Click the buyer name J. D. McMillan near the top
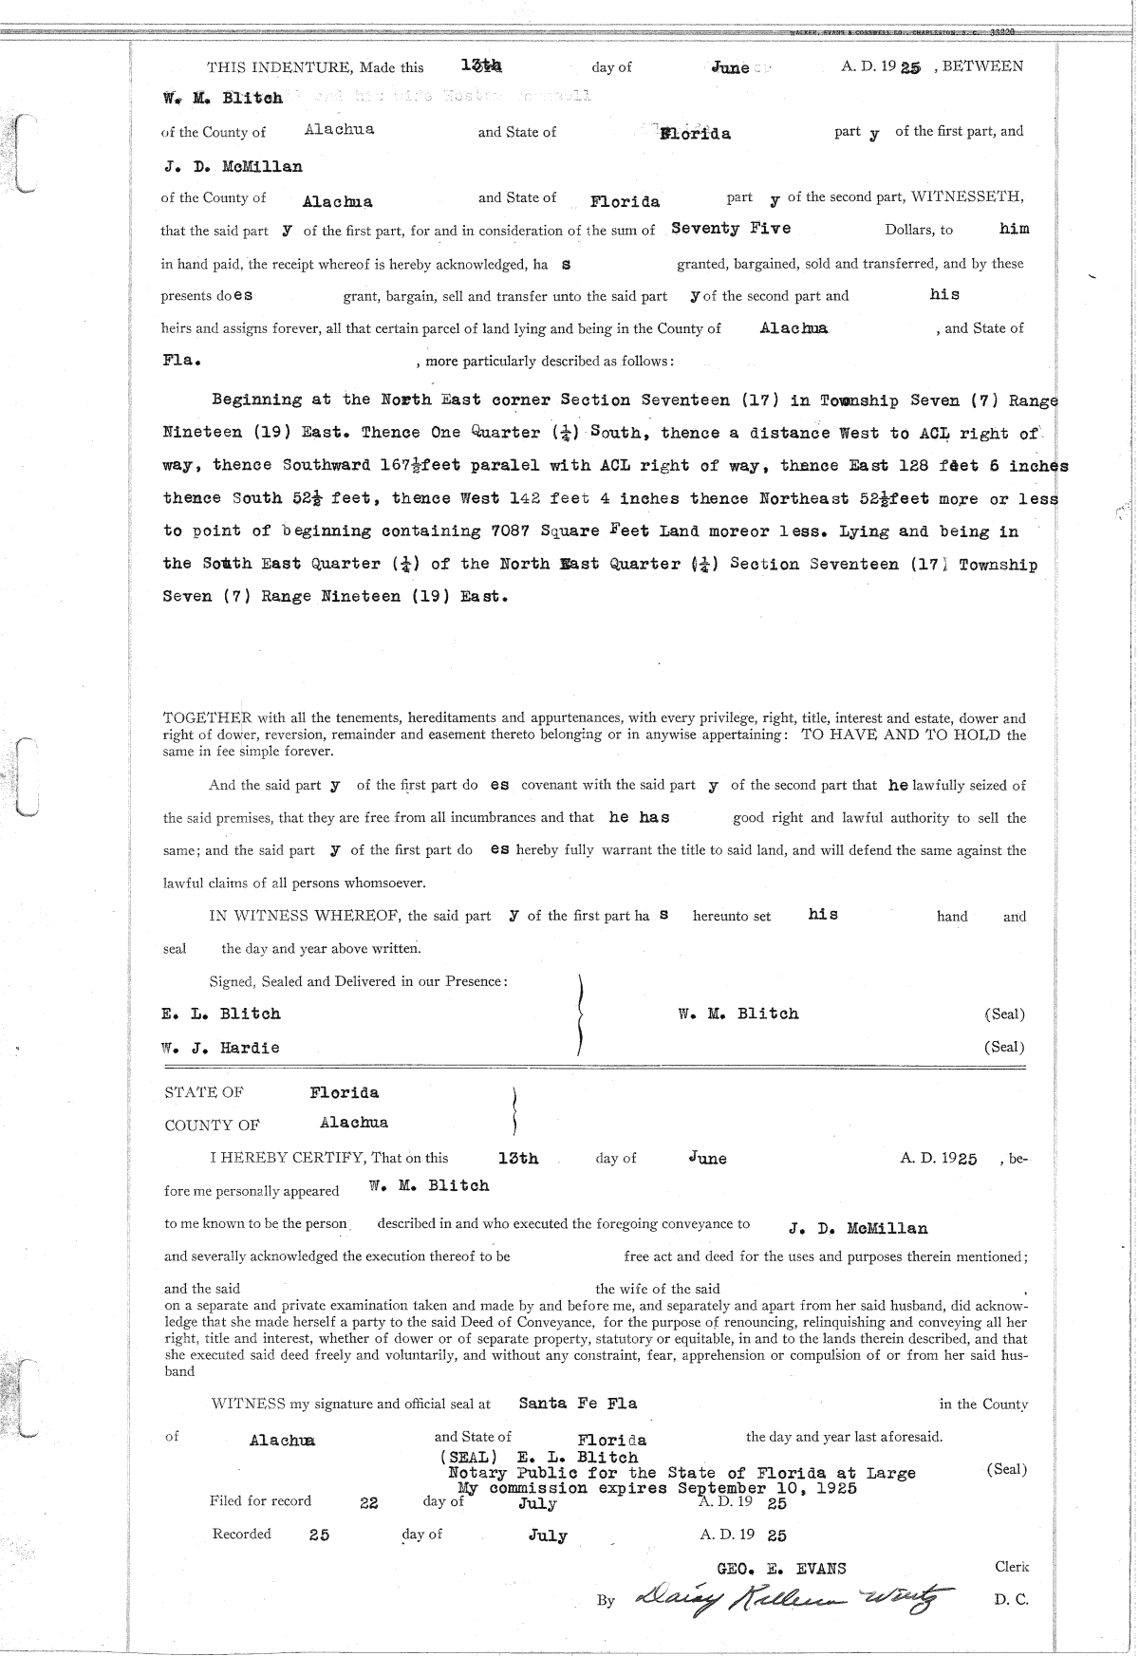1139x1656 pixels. coord(232,167)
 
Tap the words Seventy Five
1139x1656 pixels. coord(730,229)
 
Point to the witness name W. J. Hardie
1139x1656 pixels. coord(220,1048)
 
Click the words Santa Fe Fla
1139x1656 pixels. coord(578,1403)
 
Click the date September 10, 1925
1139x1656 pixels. coord(766,1488)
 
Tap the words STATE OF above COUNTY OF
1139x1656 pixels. coord(204,1093)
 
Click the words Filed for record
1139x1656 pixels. coord(260,1500)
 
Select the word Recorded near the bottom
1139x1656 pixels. coord(241,1534)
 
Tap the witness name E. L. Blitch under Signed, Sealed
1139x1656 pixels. coord(221,1014)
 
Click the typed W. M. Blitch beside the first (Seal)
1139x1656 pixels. coord(738,1014)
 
